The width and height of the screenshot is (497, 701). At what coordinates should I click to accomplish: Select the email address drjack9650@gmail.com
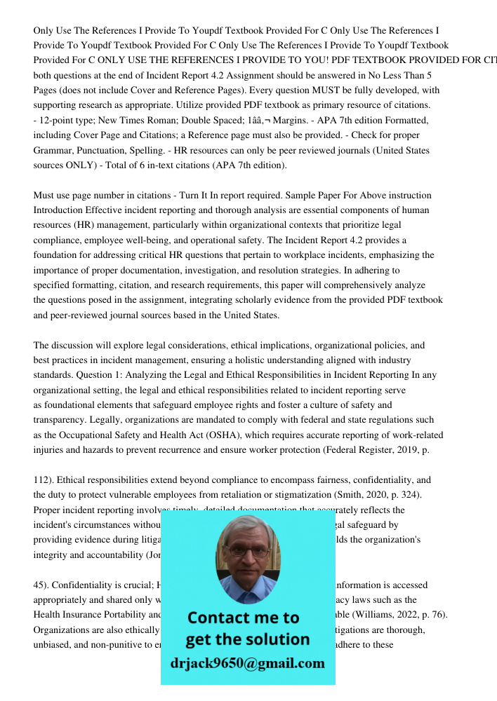[247, 662]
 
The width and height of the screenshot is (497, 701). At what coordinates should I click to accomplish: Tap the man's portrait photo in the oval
[247, 558]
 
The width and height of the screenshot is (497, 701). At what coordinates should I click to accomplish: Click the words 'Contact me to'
[243, 618]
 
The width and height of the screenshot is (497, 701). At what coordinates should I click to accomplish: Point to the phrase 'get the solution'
[247, 639]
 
